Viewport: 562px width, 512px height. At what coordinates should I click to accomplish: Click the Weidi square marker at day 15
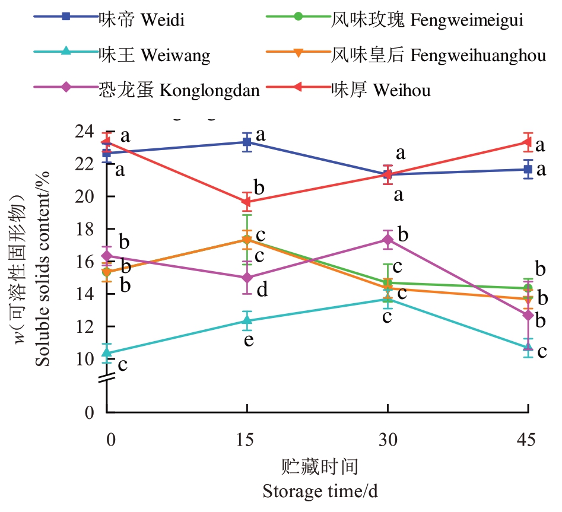tap(247, 142)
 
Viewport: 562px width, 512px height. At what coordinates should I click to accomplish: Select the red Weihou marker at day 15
tap(247, 202)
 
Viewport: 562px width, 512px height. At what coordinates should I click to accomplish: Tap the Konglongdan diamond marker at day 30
tap(388, 240)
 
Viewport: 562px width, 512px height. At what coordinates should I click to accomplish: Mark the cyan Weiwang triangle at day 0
tap(107, 354)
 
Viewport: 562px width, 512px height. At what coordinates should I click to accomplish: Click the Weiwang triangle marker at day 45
tap(528, 348)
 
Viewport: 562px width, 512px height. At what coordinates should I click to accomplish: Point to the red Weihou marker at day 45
tap(528, 142)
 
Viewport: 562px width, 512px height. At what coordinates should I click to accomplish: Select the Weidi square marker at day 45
tap(528, 170)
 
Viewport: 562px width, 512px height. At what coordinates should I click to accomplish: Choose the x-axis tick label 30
tap(388, 440)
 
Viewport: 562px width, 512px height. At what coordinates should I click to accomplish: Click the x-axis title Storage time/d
tap(320, 492)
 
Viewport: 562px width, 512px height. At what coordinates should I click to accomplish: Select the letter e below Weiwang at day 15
tap(249, 340)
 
